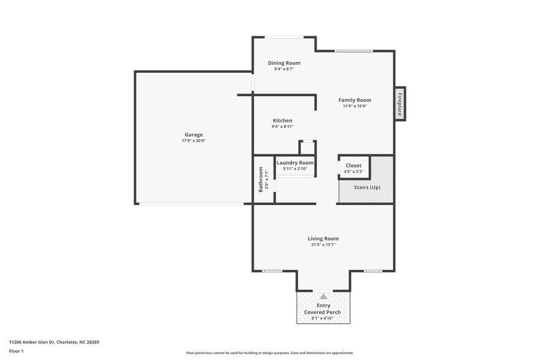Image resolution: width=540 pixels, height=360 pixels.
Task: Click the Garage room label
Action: click(193, 135)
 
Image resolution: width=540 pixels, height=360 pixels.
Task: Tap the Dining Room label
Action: click(284, 63)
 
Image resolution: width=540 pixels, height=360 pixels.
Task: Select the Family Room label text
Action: click(355, 100)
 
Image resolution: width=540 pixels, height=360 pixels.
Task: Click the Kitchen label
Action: click(282, 121)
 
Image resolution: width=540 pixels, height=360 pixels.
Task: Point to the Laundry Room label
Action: click(295, 163)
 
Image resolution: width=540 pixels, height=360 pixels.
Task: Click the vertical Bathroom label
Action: click(260, 179)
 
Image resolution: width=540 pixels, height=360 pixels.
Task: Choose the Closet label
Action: click(353, 165)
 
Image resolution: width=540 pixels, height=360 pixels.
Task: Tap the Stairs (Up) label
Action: click(367, 187)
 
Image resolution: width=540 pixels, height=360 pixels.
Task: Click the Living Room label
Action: click(323, 239)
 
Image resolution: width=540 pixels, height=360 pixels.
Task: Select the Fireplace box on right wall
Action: click(400, 103)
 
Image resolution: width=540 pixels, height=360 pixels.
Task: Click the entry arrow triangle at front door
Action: click(323, 296)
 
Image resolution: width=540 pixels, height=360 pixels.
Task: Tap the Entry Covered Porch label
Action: click(323, 309)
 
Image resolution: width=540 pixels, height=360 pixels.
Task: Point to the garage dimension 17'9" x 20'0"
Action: click(193, 141)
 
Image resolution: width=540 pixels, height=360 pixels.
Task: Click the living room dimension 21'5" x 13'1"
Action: click(323, 245)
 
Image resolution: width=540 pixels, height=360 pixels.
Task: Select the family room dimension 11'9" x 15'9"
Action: click(355, 106)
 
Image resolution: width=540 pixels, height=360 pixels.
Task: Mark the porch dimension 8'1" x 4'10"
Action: click(323, 318)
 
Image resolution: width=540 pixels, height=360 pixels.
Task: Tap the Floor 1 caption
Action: click(16, 351)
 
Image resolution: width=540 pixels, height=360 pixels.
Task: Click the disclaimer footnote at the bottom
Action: click(269, 353)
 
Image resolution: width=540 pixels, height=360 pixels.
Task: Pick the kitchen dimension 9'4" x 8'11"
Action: click(282, 127)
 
